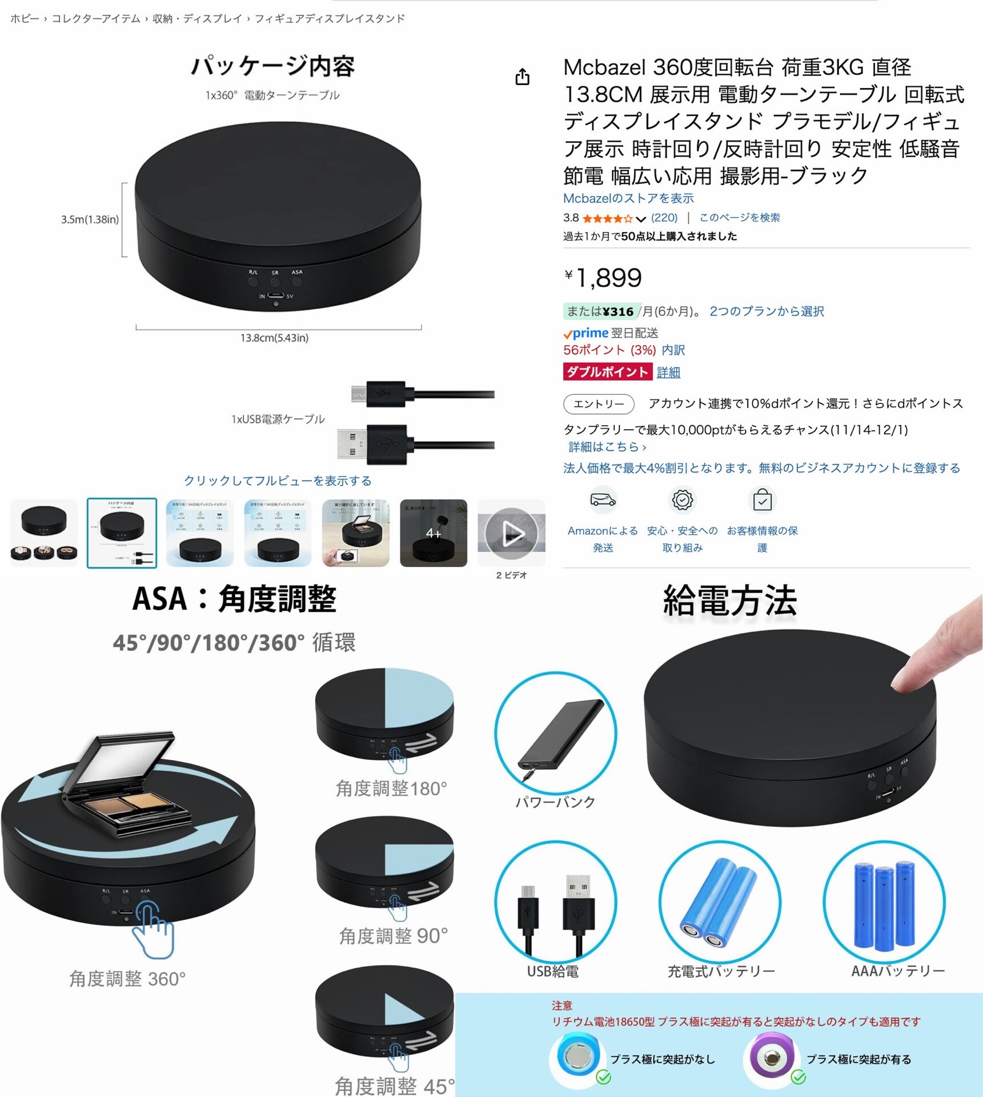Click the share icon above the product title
522,77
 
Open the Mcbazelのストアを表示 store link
628,198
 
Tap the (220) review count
664,218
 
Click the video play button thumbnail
511,533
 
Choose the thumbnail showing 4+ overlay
433,533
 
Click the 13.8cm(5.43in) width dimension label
274,338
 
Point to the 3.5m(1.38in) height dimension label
90,219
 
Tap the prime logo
586,333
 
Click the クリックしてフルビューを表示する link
278,481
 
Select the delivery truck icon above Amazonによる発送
603,500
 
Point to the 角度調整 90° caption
393,936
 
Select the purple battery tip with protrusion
771,1057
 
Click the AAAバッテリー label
897,971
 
